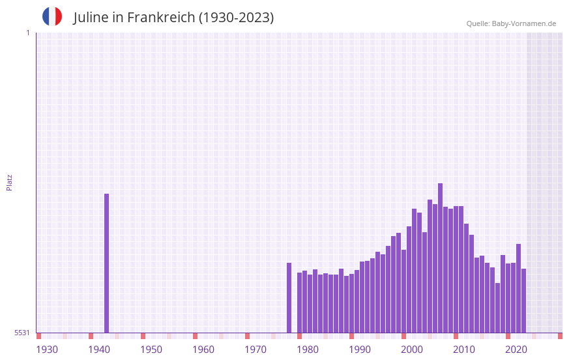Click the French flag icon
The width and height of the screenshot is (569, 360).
pyautogui.click(x=52, y=17)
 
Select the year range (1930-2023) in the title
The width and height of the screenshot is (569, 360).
pyautogui.click(x=237, y=18)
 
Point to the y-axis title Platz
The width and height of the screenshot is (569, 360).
pyautogui.click(x=9, y=182)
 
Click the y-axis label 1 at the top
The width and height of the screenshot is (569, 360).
pyautogui.click(x=27, y=33)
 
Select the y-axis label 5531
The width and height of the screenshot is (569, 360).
pyautogui.click(x=22, y=333)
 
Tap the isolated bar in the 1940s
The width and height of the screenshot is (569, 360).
pyautogui.click(x=107, y=263)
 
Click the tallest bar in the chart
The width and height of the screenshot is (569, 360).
pyautogui.click(x=441, y=258)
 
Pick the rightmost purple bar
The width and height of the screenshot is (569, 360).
pyautogui.click(x=523, y=300)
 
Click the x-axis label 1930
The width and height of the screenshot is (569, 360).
pyautogui.click(x=47, y=350)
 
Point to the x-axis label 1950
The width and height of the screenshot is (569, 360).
pyautogui.click(x=151, y=350)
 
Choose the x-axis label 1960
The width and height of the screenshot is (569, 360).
pyautogui.click(x=203, y=350)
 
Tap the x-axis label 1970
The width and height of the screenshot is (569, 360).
pyautogui.click(x=255, y=350)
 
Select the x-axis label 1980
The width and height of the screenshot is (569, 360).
pyautogui.click(x=308, y=350)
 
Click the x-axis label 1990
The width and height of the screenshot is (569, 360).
pyautogui.click(x=360, y=350)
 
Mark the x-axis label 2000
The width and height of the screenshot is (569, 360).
pyautogui.click(x=412, y=350)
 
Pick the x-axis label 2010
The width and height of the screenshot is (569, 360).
pyautogui.click(x=464, y=350)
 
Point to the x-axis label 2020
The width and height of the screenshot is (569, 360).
pyautogui.click(x=516, y=350)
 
